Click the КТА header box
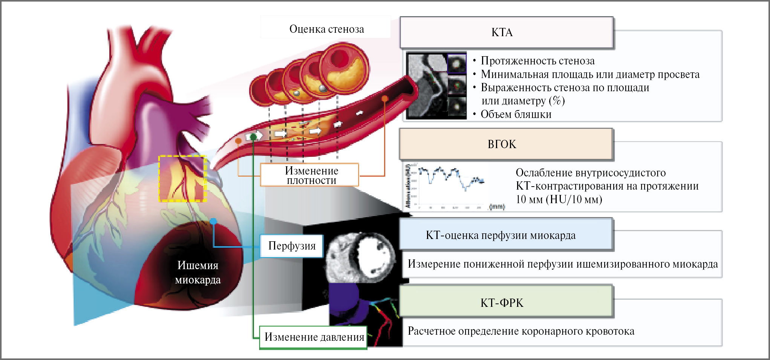[506, 32]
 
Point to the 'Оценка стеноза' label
[326, 29]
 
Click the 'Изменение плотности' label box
[310, 175]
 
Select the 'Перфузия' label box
[292, 246]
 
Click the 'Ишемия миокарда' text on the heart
[197, 272]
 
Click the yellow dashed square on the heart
[182, 178]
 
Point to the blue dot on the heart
[214, 222]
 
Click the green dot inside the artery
[253, 136]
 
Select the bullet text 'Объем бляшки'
[516, 114]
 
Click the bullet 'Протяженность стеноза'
[537, 61]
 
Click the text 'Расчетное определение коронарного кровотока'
[521, 331]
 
